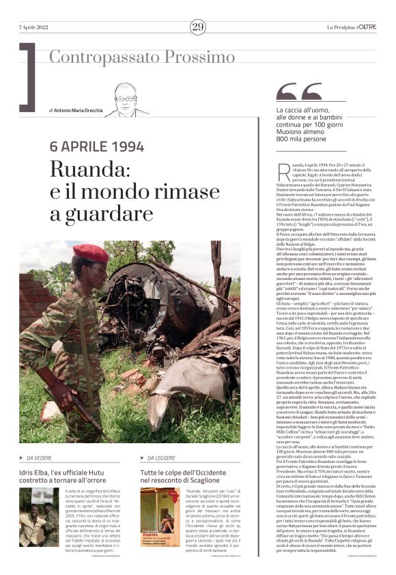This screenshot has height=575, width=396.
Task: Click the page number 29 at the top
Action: pyautogui.click(x=197, y=27)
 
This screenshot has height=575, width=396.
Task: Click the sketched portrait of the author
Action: pyautogui.click(x=127, y=100)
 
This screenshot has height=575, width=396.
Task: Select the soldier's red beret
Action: pyautogui.click(x=90, y=253)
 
